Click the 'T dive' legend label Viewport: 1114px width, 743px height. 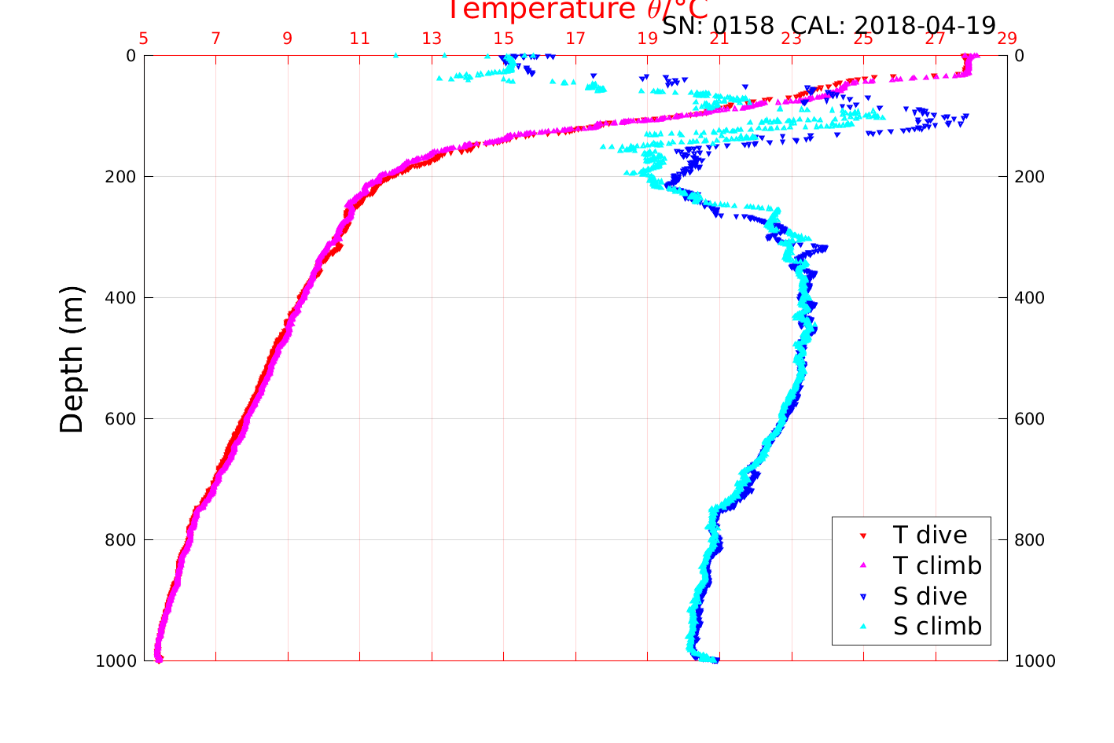point(929,535)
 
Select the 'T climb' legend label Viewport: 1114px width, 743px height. point(937,565)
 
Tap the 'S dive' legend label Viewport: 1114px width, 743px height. point(929,597)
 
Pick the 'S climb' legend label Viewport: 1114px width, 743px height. point(937,627)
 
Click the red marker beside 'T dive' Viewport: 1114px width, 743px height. point(862,535)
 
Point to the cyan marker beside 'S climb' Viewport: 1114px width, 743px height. point(862,627)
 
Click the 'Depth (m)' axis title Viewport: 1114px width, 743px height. point(72,359)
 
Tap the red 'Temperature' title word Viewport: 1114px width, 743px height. point(540,10)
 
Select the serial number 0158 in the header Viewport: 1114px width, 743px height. point(743,26)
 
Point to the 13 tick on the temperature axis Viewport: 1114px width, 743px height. point(432,39)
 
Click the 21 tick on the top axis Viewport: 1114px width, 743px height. point(719,39)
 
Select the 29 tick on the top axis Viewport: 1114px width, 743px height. point(1007,39)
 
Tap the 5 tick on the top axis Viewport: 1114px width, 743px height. point(144,39)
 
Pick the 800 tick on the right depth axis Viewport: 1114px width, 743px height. point(1030,540)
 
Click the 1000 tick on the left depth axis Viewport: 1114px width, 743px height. point(116,661)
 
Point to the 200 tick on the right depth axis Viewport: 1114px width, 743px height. point(1030,177)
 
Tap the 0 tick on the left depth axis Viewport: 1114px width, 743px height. point(131,56)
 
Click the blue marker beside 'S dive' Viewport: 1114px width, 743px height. point(862,597)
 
